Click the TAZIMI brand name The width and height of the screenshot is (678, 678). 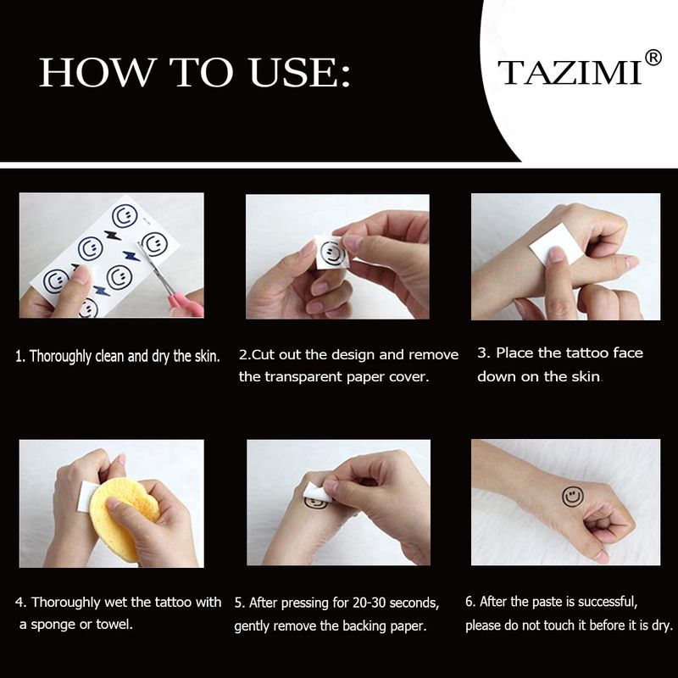(x=570, y=72)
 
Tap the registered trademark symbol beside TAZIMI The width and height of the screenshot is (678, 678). (x=653, y=58)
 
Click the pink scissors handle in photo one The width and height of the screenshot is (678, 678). (x=187, y=306)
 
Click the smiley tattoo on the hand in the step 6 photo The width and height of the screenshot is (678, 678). (x=573, y=497)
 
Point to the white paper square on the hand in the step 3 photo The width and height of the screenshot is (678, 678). (x=550, y=245)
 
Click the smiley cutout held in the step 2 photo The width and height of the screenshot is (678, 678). (x=331, y=253)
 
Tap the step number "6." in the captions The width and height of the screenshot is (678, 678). (x=471, y=602)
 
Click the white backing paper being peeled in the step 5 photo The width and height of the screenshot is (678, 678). (x=318, y=492)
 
